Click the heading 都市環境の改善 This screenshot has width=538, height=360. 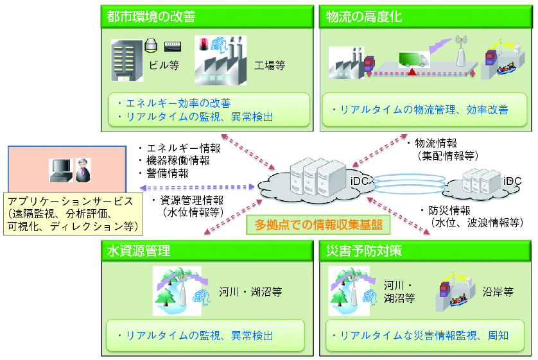pos(151,16)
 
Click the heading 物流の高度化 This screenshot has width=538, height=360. pos(364,16)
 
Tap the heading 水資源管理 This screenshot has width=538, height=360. pos(138,251)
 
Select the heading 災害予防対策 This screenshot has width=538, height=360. pos(364,251)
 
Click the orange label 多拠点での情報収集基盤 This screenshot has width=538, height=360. pos(318,225)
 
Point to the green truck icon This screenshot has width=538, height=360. pos(413,59)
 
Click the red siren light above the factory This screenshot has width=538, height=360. pos(204,44)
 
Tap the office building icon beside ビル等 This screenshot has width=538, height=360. pos(126,60)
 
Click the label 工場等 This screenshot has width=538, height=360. pos(270,65)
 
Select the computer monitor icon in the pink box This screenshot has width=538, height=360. pos(61,170)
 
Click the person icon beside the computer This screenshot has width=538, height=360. pos(83,170)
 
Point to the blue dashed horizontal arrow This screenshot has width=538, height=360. pos(197,187)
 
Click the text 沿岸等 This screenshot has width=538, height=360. pos(498,292)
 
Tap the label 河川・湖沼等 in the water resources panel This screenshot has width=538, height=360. pos(250,292)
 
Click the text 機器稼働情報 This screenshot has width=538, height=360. pos(178,160)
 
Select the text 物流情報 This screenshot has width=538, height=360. pos(436,143)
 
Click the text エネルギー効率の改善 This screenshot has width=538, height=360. pos(178,103)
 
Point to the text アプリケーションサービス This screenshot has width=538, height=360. pos(71,201)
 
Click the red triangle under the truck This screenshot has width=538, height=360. pos(412,72)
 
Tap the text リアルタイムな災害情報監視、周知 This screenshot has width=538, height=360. pos(424,336)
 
